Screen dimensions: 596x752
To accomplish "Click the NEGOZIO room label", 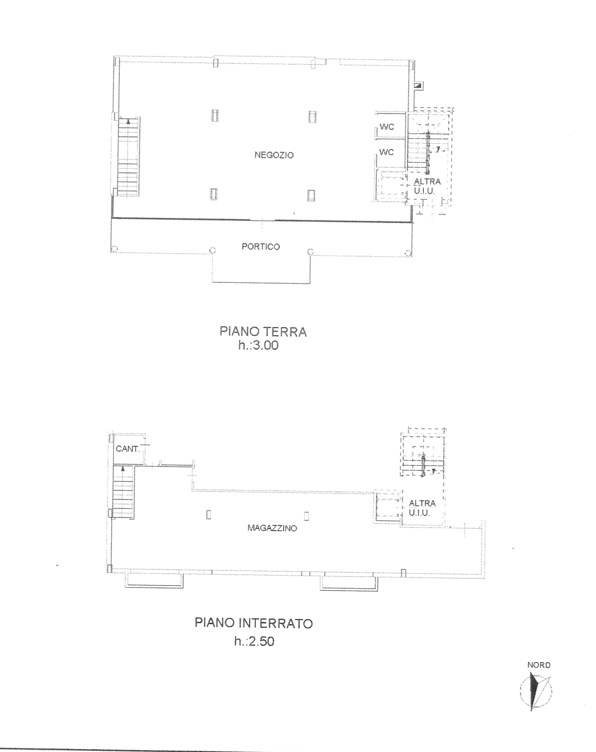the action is coord(274,155).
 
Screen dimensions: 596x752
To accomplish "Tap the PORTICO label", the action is coord(261,247).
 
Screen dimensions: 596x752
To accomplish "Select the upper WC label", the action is coord(387,127).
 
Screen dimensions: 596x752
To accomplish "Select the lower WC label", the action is coord(387,152).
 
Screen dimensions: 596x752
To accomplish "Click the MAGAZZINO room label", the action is coord(272,528).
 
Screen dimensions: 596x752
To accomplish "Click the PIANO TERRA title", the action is coord(263,331).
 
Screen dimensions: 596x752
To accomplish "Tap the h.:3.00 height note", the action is coord(258,346).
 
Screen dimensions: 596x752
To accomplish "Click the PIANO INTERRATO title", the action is coord(254,623).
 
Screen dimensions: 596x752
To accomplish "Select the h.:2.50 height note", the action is coord(254,641).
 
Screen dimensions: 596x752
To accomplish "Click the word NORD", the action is coord(539,665).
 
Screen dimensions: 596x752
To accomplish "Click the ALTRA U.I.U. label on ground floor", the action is coord(427,186).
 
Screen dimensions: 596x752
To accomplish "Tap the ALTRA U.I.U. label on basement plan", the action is coord(422,508).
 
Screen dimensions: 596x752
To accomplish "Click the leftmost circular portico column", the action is coord(114,249).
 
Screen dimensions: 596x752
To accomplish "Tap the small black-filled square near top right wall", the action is coord(417,86).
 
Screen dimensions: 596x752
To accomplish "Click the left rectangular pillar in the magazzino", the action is coord(209,515).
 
